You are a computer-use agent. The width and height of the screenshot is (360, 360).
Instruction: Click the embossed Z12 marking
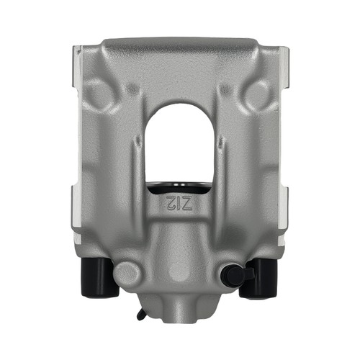(179, 202)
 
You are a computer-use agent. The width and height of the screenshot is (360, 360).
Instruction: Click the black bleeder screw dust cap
(236, 274)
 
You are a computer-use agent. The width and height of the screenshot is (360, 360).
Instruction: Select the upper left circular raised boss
(97, 94)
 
